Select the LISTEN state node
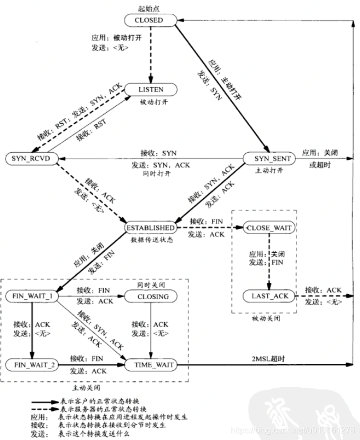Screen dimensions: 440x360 [x=151, y=90]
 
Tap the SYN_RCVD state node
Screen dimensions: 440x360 [x=31, y=159]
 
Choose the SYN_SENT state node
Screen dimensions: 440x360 [x=267, y=158]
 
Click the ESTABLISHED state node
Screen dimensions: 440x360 [x=150, y=227]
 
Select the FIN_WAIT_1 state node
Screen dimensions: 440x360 [x=32, y=296]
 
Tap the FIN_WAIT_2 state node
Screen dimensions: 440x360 [x=32, y=365]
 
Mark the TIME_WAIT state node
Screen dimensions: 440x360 [x=150, y=365]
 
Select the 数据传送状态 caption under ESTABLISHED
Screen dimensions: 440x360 [x=151, y=239]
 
